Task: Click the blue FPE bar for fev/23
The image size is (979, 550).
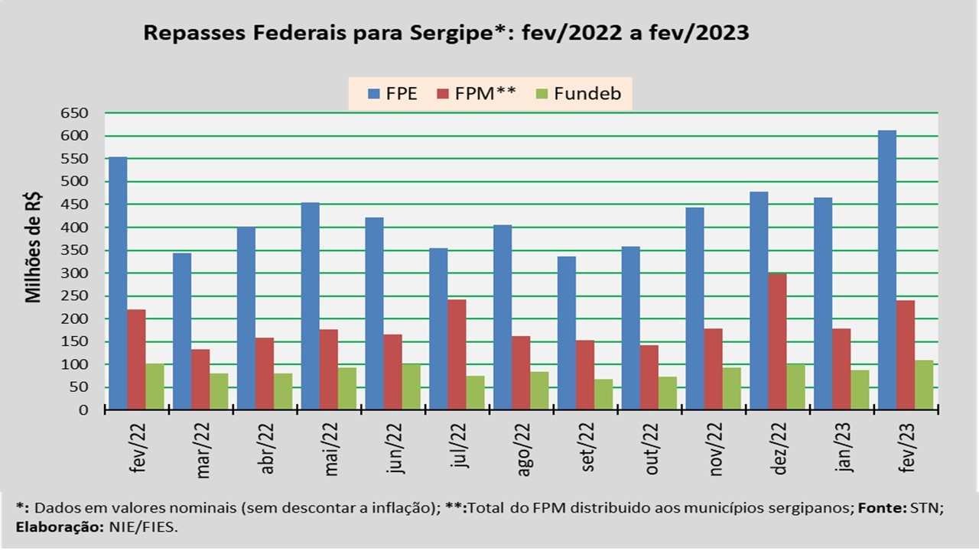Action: click(x=887, y=270)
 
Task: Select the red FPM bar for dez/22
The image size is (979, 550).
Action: click(x=777, y=341)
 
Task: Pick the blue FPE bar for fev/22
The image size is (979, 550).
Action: click(x=118, y=283)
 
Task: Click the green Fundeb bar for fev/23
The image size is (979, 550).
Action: click(x=924, y=385)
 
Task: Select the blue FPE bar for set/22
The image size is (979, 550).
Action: click(x=567, y=333)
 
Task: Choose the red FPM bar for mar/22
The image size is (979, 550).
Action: click(x=200, y=380)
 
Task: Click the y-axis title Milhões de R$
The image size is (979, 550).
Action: click(x=34, y=249)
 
